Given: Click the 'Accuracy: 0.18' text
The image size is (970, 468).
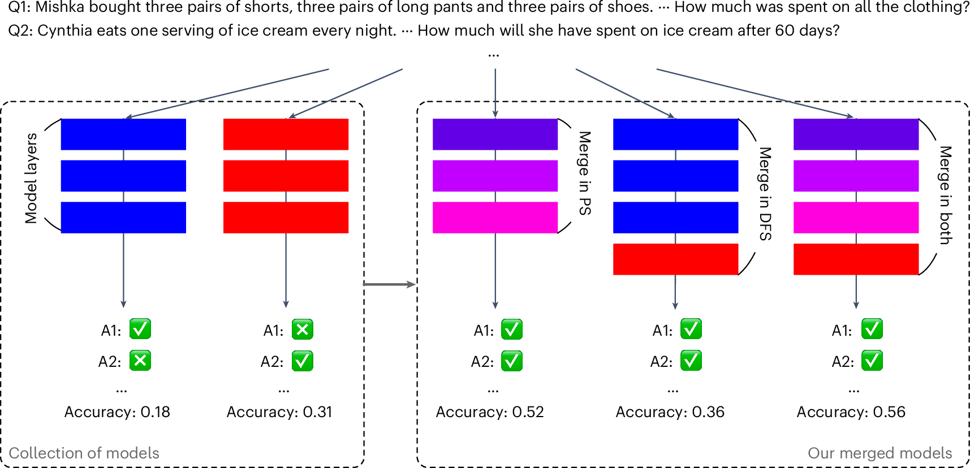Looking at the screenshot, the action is [117, 412].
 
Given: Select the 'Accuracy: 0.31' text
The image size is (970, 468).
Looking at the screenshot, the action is [279, 412].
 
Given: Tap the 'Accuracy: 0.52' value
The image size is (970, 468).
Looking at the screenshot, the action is [490, 412].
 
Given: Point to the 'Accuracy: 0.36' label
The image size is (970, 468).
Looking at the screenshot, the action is [670, 412].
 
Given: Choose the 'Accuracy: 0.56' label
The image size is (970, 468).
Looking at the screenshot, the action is [851, 412].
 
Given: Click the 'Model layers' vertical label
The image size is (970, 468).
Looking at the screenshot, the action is [31, 178].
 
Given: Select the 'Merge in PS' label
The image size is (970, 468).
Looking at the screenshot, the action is [585, 173].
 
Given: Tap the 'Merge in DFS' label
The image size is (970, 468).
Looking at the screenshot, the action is [765, 194].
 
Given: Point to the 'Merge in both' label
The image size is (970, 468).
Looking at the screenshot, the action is [946, 195].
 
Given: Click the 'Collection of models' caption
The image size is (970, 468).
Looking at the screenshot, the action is [84, 453].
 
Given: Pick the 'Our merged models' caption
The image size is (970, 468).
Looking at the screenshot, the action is [880, 453].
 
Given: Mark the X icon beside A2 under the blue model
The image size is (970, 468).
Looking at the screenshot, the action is [140, 361].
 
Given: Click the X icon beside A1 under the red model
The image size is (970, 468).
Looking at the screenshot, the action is [303, 330].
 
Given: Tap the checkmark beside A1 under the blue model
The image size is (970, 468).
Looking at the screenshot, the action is [140, 329].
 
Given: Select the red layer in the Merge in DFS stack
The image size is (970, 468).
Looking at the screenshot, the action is [675, 259].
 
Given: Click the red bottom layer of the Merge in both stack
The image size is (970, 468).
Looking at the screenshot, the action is [856, 259].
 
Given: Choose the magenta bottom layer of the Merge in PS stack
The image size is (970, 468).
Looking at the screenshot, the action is [495, 218].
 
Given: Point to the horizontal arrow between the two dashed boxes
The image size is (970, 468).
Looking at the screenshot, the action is [390, 284].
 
